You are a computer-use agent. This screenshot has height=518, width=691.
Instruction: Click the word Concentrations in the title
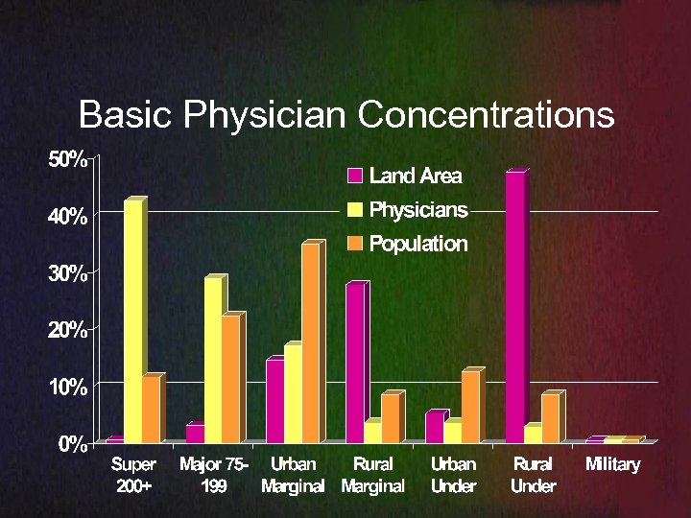tap(486, 115)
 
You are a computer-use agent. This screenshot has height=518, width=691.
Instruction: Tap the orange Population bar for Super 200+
tap(151, 411)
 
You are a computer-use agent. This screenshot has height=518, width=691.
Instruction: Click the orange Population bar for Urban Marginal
tap(310, 343)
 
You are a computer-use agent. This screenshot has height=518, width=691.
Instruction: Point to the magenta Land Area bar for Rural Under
tap(514, 307)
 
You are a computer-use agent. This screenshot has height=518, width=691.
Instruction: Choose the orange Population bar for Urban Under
tap(469, 407)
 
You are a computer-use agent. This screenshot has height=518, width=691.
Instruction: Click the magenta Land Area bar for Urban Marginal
tap(274, 401)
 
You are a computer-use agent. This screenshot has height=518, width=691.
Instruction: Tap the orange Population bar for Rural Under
tap(549, 418)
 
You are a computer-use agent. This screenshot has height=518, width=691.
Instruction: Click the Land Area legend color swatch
tap(355, 176)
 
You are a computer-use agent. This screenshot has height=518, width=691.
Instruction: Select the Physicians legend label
tap(418, 209)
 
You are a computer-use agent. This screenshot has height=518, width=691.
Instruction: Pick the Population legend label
tap(417, 244)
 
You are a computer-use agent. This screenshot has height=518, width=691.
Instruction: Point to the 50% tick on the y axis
tap(68, 159)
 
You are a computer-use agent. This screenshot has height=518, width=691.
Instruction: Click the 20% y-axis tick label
tap(68, 330)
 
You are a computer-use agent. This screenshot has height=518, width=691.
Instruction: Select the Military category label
tap(612, 465)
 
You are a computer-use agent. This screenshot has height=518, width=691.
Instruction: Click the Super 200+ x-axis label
tap(134, 475)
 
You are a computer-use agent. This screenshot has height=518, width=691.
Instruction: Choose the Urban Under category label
tap(453, 475)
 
